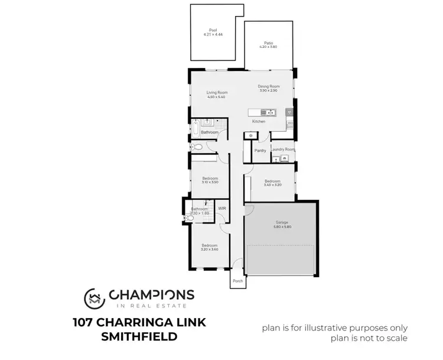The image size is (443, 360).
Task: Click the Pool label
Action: coord(213,30)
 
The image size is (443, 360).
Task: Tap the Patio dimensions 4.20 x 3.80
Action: coord(268,47)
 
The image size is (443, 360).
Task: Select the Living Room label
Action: coord(217,93)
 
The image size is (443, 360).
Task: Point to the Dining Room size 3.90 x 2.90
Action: coord(268,91)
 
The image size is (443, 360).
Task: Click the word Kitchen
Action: coord(259,121)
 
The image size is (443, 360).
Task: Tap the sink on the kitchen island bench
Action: coord(269,112)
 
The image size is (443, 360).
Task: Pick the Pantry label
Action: coord(260,151)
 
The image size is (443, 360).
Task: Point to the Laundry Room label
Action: coord(282,150)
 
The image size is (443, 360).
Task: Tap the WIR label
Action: coord(222,209)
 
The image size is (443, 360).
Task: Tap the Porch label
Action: coord(237,281)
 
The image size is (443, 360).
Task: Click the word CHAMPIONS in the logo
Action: coord(151,294)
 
